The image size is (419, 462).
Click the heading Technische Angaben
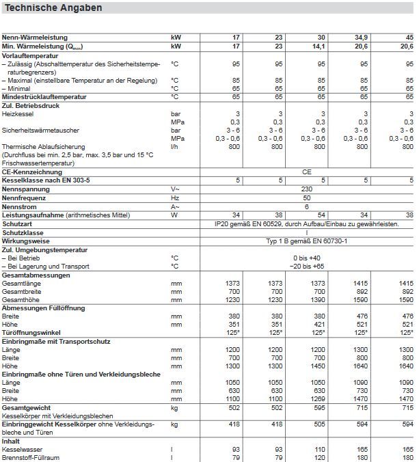[53, 8]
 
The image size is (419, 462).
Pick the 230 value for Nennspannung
[307, 188]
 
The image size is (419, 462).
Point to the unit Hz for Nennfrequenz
[174, 197]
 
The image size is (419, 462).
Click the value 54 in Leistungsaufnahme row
[321, 215]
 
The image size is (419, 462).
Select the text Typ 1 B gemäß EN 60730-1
[306, 241]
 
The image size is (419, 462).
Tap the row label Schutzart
[17, 223]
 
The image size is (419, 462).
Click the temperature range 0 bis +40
[307, 258]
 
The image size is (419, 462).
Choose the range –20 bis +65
[306, 266]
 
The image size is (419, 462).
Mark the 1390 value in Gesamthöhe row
[318, 299]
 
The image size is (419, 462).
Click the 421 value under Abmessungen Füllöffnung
[320, 324]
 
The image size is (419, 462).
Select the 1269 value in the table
[318, 398]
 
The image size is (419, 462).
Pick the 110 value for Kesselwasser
[320, 449]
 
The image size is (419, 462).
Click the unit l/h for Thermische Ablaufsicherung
[175, 146]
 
